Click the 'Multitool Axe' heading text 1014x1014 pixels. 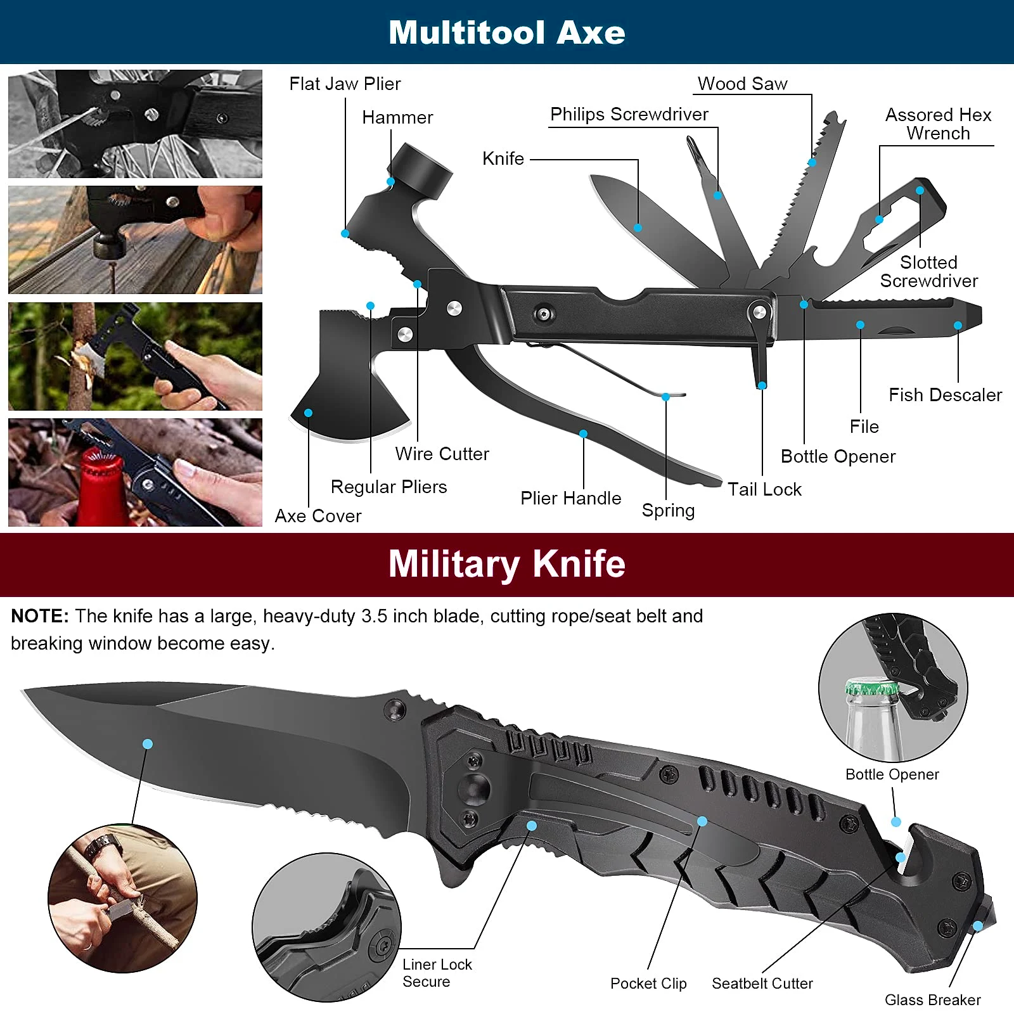[x=506, y=32]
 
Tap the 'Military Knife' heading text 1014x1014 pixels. [x=506, y=563]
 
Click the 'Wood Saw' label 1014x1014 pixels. [x=742, y=84]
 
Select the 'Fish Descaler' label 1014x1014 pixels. [x=945, y=395]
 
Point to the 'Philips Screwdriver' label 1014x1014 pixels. [x=629, y=114]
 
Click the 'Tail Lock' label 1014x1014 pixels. [x=764, y=489]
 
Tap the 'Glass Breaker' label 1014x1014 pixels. [x=932, y=999]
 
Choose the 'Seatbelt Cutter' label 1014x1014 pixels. [x=762, y=983]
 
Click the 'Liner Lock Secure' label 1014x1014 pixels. [x=437, y=973]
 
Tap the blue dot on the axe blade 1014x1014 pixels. [x=308, y=413]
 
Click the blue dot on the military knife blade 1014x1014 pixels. [x=148, y=743]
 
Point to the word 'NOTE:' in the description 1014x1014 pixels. [x=40, y=616]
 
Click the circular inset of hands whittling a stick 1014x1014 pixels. [x=122, y=898]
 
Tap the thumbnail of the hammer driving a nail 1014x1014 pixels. [x=135, y=240]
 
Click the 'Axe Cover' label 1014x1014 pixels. [x=318, y=516]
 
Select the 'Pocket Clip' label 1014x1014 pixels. [x=648, y=983]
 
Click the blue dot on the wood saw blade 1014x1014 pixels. [x=812, y=163]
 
